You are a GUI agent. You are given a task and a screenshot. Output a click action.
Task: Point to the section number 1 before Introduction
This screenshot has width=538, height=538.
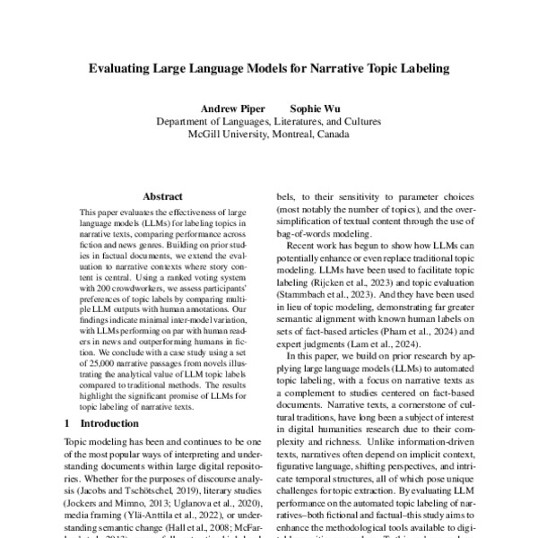pos(69,422)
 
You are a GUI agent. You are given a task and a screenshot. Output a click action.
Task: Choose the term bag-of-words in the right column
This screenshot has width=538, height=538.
pos(306,232)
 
